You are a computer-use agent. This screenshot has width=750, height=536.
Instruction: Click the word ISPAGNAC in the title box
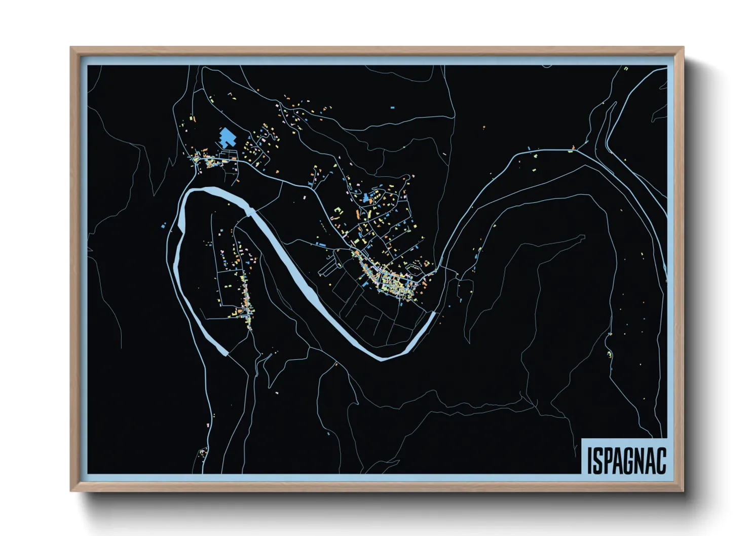click(626, 461)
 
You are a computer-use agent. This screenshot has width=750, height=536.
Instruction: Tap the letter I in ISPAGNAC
click(590, 461)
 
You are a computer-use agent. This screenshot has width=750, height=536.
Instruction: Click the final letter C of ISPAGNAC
click(661, 461)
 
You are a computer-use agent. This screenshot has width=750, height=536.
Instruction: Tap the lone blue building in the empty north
click(392, 107)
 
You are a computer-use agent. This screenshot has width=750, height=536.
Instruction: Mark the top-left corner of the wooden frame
click(71, 48)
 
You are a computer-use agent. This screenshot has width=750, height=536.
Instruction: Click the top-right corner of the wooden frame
click(683, 48)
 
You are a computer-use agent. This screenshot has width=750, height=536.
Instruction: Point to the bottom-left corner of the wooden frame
click(71, 490)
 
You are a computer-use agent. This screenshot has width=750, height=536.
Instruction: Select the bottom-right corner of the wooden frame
click(683, 490)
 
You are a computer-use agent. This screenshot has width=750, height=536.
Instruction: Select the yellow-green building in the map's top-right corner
click(626, 68)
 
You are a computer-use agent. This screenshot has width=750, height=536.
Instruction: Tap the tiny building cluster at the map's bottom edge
click(202, 451)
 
